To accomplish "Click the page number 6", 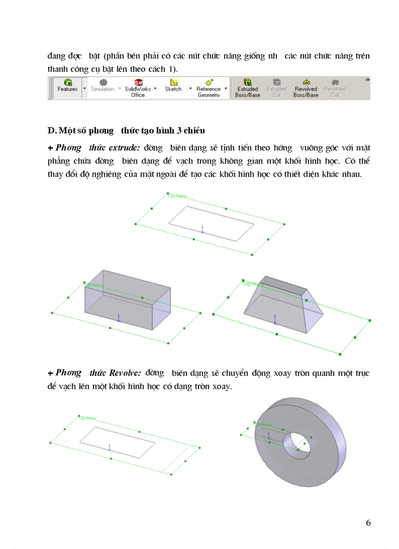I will (x=368, y=523).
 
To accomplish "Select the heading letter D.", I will (x=51, y=131).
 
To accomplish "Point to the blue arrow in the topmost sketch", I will (x=202, y=229).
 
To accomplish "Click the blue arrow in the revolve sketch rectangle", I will (x=110, y=447).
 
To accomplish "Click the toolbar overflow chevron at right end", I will (x=368, y=80).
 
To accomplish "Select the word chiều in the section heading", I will (x=194, y=131).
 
